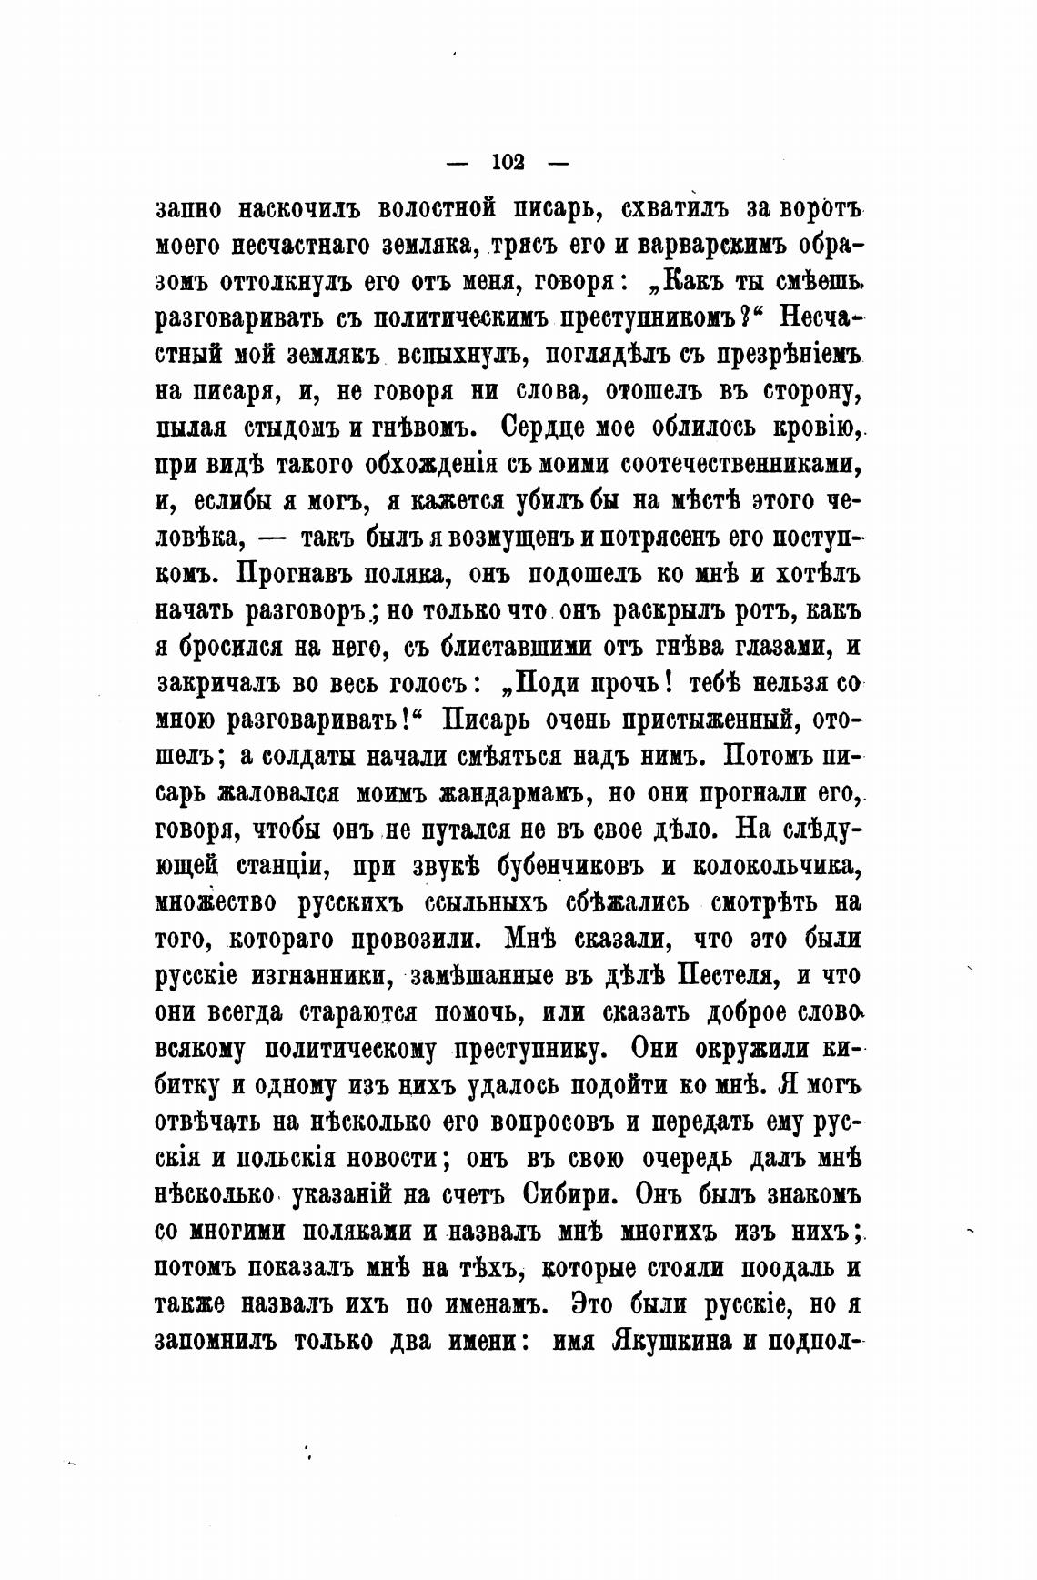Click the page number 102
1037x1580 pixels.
pyautogui.click(x=508, y=163)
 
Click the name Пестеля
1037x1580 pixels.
pyautogui.click(x=728, y=976)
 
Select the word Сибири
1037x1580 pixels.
pyautogui.click(x=572, y=1193)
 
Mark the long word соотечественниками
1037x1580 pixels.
pyautogui.click(x=740, y=464)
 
